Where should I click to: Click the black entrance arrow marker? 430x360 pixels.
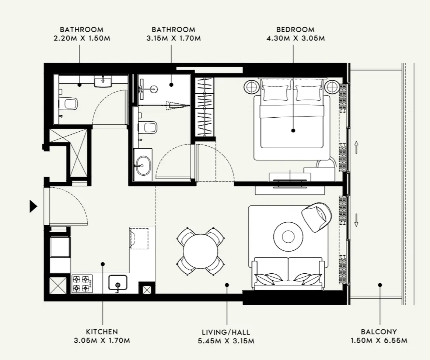33,207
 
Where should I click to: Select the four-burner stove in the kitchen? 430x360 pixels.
82,283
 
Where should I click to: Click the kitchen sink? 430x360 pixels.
118,283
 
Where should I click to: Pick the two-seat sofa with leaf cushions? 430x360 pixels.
288,274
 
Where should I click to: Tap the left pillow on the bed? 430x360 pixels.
275,93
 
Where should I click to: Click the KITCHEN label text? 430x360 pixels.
102,332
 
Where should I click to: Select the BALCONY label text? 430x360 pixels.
379,332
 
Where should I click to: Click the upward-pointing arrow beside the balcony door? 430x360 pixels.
356,147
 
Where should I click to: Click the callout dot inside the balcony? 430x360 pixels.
380,285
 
